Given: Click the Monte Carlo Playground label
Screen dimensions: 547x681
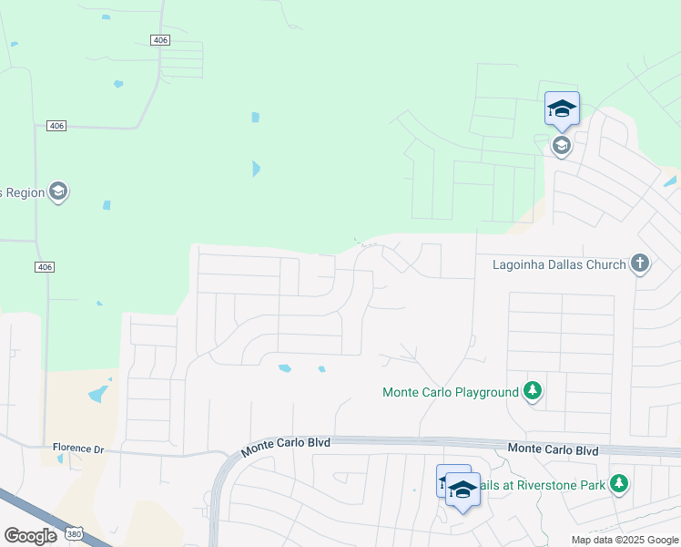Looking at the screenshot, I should (x=450, y=393).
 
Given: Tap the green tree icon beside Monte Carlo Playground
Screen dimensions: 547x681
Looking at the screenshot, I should (x=533, y=392).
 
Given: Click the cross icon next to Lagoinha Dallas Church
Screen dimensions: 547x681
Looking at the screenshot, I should (x=640, y=264).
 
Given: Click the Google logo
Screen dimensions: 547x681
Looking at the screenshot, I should (x=30, y=536).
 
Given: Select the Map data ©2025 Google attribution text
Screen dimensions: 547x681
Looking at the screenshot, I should (x=625, y=540).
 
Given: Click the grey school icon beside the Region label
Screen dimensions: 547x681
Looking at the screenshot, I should (x=59, y=191).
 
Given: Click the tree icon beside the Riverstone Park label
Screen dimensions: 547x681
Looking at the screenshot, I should (x=619, y=483).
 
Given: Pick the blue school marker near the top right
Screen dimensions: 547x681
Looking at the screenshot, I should (x=562, y=109).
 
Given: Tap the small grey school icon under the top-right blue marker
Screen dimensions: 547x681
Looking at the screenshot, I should (x=562, y=146).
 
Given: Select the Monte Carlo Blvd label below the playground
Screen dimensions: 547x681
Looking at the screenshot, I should (x=553, y=449).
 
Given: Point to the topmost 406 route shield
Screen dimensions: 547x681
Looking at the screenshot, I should (x=160, y=39).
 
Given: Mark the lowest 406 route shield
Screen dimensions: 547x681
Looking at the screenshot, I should (x=46, y=267).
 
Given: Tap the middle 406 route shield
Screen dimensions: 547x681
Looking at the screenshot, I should (x=57, y=126).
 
